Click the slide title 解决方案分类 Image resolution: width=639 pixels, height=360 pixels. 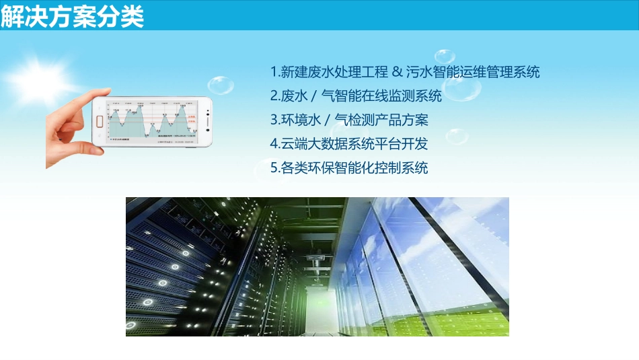[72, 17]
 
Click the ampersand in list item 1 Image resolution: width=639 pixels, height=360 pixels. [397, 71]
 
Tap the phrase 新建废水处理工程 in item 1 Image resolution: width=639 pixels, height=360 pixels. [335, 71]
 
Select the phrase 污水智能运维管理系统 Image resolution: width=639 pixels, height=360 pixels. [473, 71]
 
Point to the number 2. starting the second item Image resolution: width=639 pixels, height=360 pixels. [275, 96]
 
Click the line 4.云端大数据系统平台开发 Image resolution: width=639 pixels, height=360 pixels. [349, 143]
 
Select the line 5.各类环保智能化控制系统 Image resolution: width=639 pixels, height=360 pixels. [349, 167]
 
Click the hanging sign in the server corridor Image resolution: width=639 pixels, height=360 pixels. [315, 257]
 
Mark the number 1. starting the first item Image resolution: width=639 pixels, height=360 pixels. [274, 71]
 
